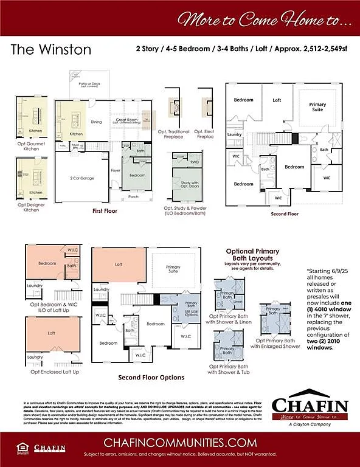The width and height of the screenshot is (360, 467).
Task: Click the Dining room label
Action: tap(96, 122)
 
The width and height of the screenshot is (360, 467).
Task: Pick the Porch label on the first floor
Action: tap(133, 197)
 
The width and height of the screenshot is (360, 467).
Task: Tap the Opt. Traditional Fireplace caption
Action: tap(173, 134)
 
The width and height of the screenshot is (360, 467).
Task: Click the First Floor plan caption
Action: tap(105, 211)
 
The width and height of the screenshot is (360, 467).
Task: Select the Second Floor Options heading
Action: tap(151, 377)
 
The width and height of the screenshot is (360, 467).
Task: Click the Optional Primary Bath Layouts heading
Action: tap(252, 254)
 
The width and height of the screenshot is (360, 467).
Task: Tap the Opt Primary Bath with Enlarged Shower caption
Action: tap(275, 343)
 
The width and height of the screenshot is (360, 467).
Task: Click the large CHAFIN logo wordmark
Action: tap(310, 406)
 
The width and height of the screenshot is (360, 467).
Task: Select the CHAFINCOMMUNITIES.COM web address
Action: tap(179, 442)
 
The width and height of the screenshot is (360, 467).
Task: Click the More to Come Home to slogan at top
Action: tap(264, 19)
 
